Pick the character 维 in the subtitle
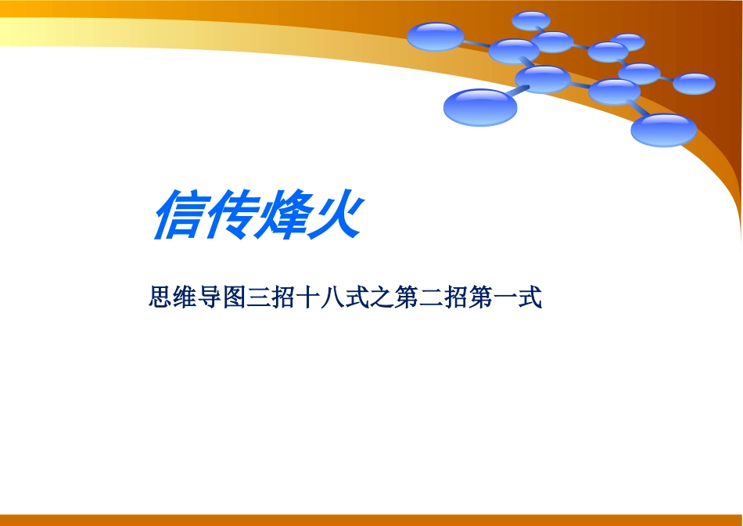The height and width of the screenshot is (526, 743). tap(184, 298)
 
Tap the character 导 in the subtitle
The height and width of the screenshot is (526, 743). tap(209, 298)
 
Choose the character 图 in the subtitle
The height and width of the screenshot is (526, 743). tap(234, 298)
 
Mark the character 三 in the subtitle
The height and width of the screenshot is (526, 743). tap(259, 298)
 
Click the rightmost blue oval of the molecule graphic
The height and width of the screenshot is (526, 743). tap(694, 83)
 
